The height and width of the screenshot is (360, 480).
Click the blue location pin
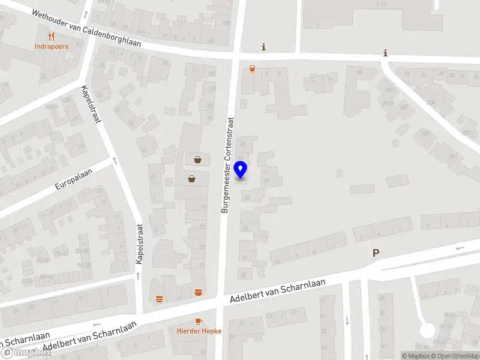(x=241, y=170)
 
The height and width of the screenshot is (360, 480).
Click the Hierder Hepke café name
(x=199, y=331)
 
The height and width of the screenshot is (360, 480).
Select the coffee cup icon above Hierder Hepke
(x=199, y=322)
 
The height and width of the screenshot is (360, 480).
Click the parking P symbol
(x=376, y=253)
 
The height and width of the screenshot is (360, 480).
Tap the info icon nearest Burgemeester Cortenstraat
(x=263, y=47)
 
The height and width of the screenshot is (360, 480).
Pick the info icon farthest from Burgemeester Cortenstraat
(x=385, y=53)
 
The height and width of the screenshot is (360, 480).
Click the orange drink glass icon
(x=252, y=69)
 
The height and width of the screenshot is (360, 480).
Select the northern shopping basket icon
(x=197, y=159)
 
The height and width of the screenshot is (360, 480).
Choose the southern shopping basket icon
(x=191, y=178)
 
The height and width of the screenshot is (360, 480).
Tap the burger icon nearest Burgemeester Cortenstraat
(x=199, y=293)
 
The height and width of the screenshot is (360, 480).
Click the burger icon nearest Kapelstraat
(x=159, y=298)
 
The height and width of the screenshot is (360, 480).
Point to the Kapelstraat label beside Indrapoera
(x=91, y=104)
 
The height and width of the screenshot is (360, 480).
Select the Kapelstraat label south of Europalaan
(x=139, y=244)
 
